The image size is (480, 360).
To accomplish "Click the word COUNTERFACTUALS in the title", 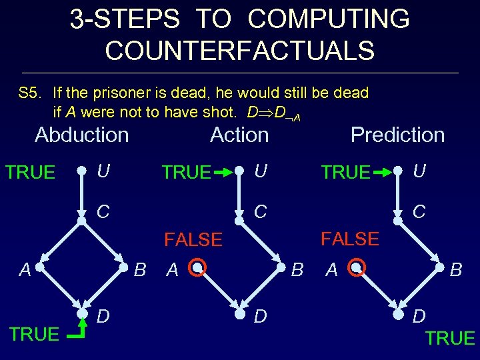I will click(x=239, y=49).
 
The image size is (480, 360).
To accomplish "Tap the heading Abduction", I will click(x=81, y=135).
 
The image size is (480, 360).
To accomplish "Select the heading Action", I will click(x=239, y=135).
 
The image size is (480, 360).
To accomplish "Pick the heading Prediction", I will click(x=397, y=135).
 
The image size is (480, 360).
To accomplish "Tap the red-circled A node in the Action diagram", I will click(x=197, y=269).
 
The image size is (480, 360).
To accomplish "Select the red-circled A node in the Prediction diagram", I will click(x=357, y=269).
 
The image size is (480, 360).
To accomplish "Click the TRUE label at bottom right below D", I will click(x=450, y=339).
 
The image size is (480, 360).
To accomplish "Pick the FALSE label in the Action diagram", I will click(x=193, y=240).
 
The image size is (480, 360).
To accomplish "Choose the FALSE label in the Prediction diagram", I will click(x=350, y=239).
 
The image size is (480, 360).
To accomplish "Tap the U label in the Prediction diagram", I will click(x=419, y=171).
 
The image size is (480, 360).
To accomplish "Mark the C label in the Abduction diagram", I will click(x=103, y=212).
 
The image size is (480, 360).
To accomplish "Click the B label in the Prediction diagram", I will click(x=457, y=269).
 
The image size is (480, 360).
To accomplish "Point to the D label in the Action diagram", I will click(x=259, y=316).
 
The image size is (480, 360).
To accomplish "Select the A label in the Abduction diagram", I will click(x=25, y=269).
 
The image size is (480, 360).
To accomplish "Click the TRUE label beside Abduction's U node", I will click(x=30, y=172).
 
